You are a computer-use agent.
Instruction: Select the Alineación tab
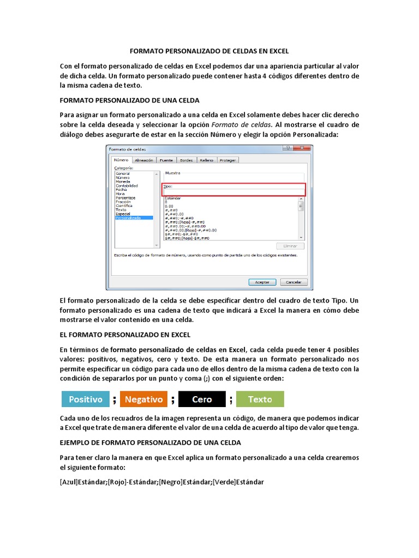(143, 160)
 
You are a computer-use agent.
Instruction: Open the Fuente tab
(166, 160)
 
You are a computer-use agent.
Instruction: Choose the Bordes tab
(187, 160)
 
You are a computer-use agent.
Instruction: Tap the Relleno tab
(206, 160)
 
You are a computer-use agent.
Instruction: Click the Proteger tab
(228, 160)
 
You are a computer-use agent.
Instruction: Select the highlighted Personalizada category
(128, 217)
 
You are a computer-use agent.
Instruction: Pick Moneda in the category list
(123, 181)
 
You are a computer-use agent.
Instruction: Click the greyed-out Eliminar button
(290, 246)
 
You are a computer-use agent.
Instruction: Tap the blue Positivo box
(86, 399)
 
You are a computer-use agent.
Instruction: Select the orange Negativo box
(143, 399)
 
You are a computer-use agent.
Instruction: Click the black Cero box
(202, 399)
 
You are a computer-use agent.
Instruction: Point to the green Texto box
(260, 399)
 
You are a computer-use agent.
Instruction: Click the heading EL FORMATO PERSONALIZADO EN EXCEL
(125, 334)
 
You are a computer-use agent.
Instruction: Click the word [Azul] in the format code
(69, 482)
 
